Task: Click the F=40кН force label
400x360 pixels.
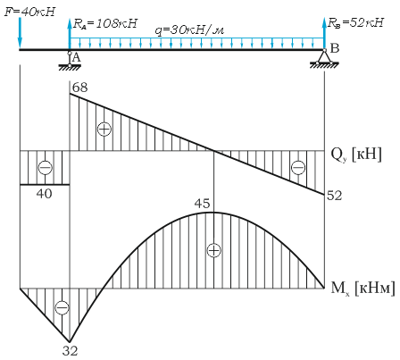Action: pyautogui.click(x=30, y=12)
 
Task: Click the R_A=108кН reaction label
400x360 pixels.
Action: pyautogui.click(x=105, y=23)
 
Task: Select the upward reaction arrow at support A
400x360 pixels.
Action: pyautogui.click(x=70, y=34)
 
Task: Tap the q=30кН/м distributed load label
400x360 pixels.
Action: pyautogui.click(x=189, y=30)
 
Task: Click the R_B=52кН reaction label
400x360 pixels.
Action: pyautogui.click(x=356, y=22)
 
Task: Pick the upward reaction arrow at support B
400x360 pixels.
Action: pyautogui.click(x=324, y=33)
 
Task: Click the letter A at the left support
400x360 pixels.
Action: pyautogui.click(x=77, y=57)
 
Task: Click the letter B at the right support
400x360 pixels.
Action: pyautogui.click(x=335, y=48)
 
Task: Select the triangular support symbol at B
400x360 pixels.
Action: pyautogui.click(x=324, y=56)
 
